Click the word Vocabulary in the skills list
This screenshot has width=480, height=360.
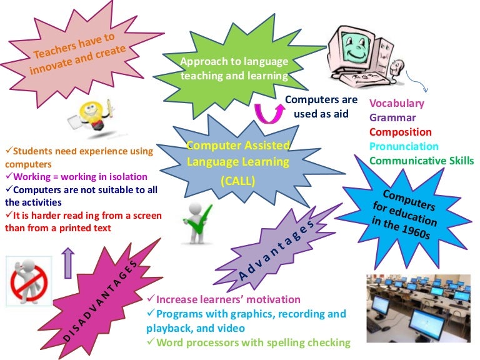[x=397, y=104]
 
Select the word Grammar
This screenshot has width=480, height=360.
[x=392, y=117]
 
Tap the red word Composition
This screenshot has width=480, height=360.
[x=401, y=132]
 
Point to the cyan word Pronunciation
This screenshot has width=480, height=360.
[x=404, y=146]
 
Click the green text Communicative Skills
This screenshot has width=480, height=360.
[x=421, y=161]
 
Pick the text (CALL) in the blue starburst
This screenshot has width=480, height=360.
[x=238, y=181]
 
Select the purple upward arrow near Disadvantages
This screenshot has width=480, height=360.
[x=68, y=263]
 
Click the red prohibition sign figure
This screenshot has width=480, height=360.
[x=29, y=281]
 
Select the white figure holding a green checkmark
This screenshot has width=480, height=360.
[x=197, y=223]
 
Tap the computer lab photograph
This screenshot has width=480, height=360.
[x=419, y=308]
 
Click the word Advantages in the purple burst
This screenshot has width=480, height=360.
[x=276, y=250]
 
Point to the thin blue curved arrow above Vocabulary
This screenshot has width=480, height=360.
[x=417, y=82]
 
